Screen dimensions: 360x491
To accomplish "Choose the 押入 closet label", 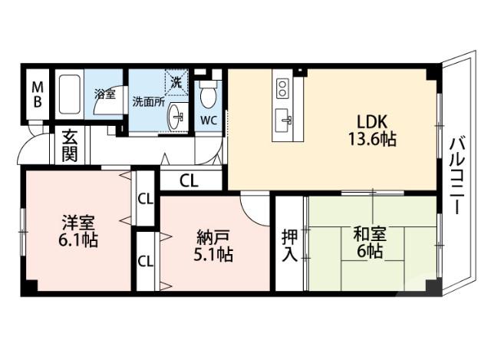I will [289, 245].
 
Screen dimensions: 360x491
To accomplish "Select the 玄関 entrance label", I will [70, 145].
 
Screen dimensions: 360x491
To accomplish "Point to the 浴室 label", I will [104, 94].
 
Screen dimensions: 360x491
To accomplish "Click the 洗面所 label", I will [148, 101].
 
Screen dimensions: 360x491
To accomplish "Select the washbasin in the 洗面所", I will [178, 117].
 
